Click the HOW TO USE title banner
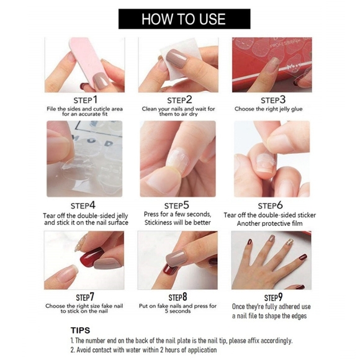184,19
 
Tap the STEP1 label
86,100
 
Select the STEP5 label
176,205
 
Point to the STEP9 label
273,297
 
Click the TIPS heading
80,330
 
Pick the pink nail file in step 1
85,60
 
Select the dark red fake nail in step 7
90,257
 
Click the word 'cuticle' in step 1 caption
102,109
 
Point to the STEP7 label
85,297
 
